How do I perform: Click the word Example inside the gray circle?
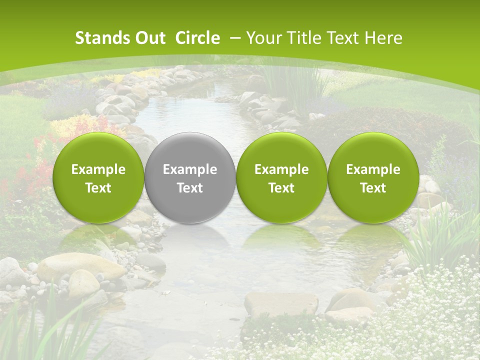coord(190,169)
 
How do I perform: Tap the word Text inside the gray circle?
coord(190,188)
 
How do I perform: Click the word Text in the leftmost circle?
coord(98,188)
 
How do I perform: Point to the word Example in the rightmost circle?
coord(373,169)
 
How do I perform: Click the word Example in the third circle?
coord(281,169)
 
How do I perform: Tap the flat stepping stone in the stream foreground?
coord(281,303)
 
